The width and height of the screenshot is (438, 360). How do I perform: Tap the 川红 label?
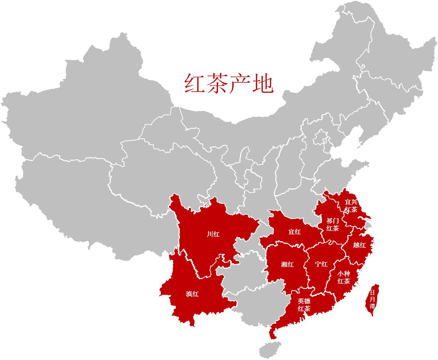[x=213, y=235]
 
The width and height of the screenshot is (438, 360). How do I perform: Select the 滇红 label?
[x=192, y=294]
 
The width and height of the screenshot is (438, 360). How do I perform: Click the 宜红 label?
[x=295, y=232]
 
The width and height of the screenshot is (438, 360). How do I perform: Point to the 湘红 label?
[x=287, y=264]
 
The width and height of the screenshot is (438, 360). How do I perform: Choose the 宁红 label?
[x=322, y=264]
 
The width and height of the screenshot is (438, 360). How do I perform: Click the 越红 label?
[x=359, y=245]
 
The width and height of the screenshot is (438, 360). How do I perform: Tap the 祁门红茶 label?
[x=333, y=224]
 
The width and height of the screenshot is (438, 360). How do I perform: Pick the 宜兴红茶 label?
[x=351, y=206]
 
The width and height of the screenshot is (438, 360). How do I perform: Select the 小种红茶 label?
[x=344, y=277]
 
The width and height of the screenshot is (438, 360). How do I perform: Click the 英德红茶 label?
[x=304, y=305]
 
